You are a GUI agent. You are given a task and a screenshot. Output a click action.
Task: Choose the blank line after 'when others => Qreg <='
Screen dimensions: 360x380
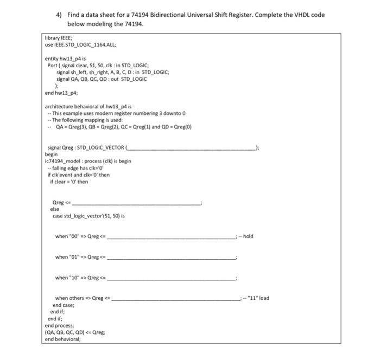tap(176, 298)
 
